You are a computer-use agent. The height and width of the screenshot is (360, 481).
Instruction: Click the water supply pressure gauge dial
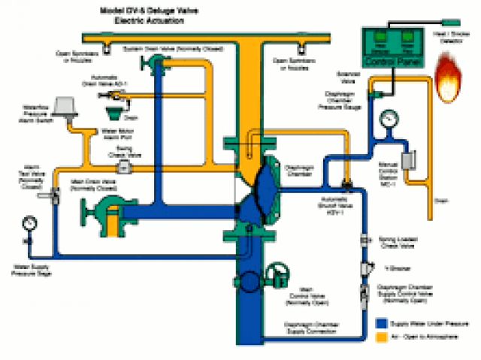[x=29, y=223]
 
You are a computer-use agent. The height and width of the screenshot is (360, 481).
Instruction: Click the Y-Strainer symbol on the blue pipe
[x=368, y=268]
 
